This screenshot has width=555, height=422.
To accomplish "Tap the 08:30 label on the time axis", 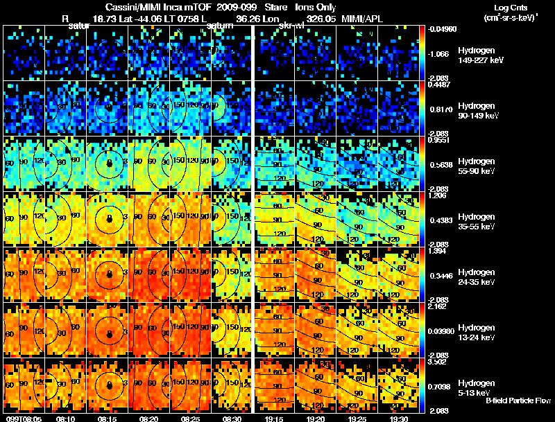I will (233, 419).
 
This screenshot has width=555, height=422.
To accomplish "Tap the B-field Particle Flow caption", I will (518, 401).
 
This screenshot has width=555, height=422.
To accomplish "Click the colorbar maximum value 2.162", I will (436, 306).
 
